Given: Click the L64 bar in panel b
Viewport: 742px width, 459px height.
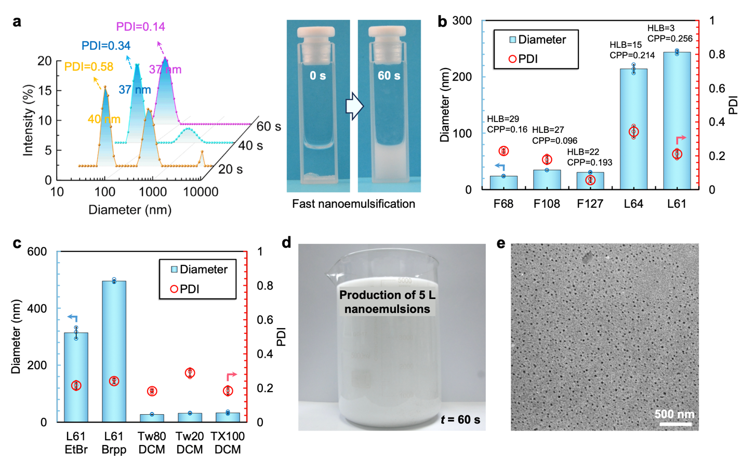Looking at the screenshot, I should pyautogui.click(x=633, y=130).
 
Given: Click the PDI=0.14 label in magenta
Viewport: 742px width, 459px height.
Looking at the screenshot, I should pyautogui.click(x=140, y=26).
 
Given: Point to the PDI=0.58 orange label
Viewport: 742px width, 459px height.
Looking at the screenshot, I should pyautogui.click(x=88, y=66).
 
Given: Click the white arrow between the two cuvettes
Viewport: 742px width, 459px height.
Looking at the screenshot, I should pyautogui.click(x=354, y=106).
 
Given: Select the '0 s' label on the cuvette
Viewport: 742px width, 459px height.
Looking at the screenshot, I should pyautogui.click(x=317, y=76).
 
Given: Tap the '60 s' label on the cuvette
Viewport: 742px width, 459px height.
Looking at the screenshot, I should pyautogui.click(x=389, y=76).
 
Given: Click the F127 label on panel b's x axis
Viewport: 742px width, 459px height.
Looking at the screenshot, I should pyautogui.click(x=590, y=204).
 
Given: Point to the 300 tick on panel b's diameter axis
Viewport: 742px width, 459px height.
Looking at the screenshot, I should pyautogui.click(x=462, y=21).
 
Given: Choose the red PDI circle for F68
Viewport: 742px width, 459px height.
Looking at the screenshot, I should pyautogui.click(x=503, y=151).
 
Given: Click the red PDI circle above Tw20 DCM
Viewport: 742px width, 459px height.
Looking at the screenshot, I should pyautogui.click(x=190, y=373).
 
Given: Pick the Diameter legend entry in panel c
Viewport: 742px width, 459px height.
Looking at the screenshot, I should pyautogui.click(x=198, y=269).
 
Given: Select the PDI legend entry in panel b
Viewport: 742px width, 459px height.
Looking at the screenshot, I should pyautogui.click(x=523, y=59).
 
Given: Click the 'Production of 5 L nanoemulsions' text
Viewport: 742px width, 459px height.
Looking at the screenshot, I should pyautogui.click(x=387, y=302).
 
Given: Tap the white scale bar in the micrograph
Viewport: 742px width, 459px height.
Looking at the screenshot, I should pyautogui.click(x=675, y=424).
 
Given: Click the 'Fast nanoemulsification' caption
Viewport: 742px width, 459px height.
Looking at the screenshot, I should pyautogui.click(x=353, y=204).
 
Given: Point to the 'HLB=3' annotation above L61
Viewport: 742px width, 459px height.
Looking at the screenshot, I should pyautogui.click(x=660, y=28).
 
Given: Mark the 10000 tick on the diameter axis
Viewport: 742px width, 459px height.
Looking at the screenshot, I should pyautogui.click(x=201, y=192).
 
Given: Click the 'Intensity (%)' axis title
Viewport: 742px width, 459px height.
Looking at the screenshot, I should pyautogui.click(x=28, y=121).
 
